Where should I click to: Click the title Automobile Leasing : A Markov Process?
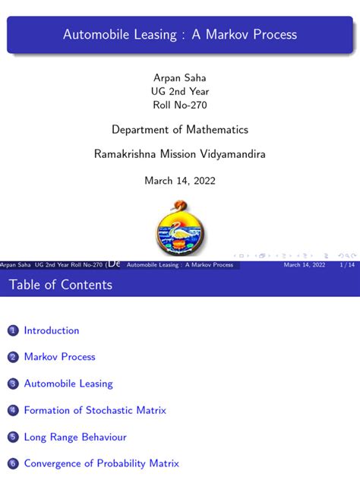[x=180, y=34]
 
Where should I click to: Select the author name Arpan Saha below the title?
[x=179, y=77]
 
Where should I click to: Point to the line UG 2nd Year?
[x=179, y=91]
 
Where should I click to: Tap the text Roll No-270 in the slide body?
[x=179, y=105]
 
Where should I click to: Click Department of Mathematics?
[x=180, y=130]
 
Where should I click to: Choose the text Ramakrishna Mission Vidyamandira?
[x=180, y=154]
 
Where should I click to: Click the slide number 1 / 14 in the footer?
[x=346, y=265]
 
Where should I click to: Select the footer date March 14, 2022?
[x=305, y=265]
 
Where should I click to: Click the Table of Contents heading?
[x=61, y=285]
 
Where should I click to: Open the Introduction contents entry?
[x=52, y=330]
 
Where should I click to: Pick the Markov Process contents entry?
[x=60, y=357]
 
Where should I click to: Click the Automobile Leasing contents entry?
[x=68, y=384]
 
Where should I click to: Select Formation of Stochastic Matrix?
[x=95, y=410]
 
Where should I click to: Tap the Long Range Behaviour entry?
[x=75, y=437]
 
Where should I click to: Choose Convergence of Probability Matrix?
[x=101, y=463]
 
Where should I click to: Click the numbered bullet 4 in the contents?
[x=12, y=411]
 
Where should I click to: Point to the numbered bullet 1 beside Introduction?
[x=12, y=331]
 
